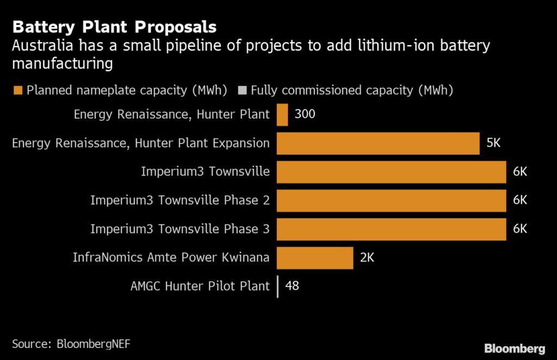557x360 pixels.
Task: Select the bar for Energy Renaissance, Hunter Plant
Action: [x=282, y=115]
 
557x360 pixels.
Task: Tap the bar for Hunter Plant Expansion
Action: [x=377, y=144]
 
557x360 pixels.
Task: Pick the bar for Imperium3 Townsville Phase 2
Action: [x=391, y=200]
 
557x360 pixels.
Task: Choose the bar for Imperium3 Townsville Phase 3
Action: [x=391, y=228]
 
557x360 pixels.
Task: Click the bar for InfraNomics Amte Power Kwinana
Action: [x=315, y=257]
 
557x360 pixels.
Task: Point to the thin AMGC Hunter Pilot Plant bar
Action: [x=278, y=286]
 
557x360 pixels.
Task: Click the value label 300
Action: [x=305, y=115]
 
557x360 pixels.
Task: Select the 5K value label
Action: [x=493, y=144]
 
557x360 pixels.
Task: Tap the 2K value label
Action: [x=367, y=257]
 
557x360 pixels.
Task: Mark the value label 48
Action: [x=292, y=286]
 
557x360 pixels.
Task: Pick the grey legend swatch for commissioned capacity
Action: [x=243, y=90]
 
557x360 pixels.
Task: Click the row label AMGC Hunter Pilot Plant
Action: [x=200, y=286]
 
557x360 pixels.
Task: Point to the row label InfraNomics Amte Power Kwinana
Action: [x=171, y=257]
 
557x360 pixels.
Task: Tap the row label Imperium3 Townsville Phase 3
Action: [x=180, y=229]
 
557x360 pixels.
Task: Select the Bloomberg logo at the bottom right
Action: [x=515, y=349]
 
